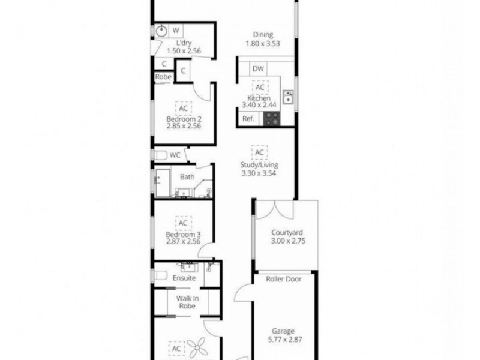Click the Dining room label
coord(263,35)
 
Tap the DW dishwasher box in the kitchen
coord(258,69)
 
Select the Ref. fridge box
coord(248,119)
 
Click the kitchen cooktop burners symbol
coord(271,119)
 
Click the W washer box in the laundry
coord(176,30)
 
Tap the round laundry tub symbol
coord(162,31)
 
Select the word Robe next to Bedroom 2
coord(163,77)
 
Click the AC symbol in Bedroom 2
coord(183,108)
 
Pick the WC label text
coord(175,155)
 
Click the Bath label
coord(187,176)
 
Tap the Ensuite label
coord(184,278)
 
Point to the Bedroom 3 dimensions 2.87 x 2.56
coord(184,242)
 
